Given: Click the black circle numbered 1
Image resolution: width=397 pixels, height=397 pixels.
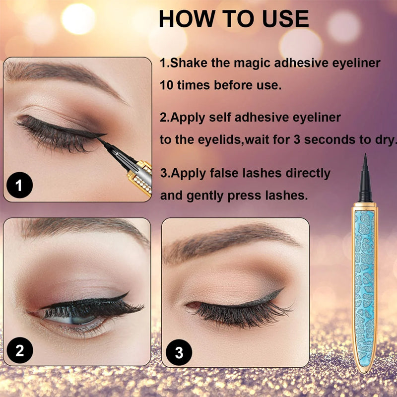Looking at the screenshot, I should pos(19,186).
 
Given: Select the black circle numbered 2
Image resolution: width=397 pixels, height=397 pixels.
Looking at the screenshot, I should pos(19,351).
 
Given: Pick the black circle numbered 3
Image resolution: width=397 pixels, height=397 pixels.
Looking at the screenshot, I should pos(179,353).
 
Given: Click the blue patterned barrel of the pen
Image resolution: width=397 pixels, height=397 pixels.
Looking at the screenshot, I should pos(365,278).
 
